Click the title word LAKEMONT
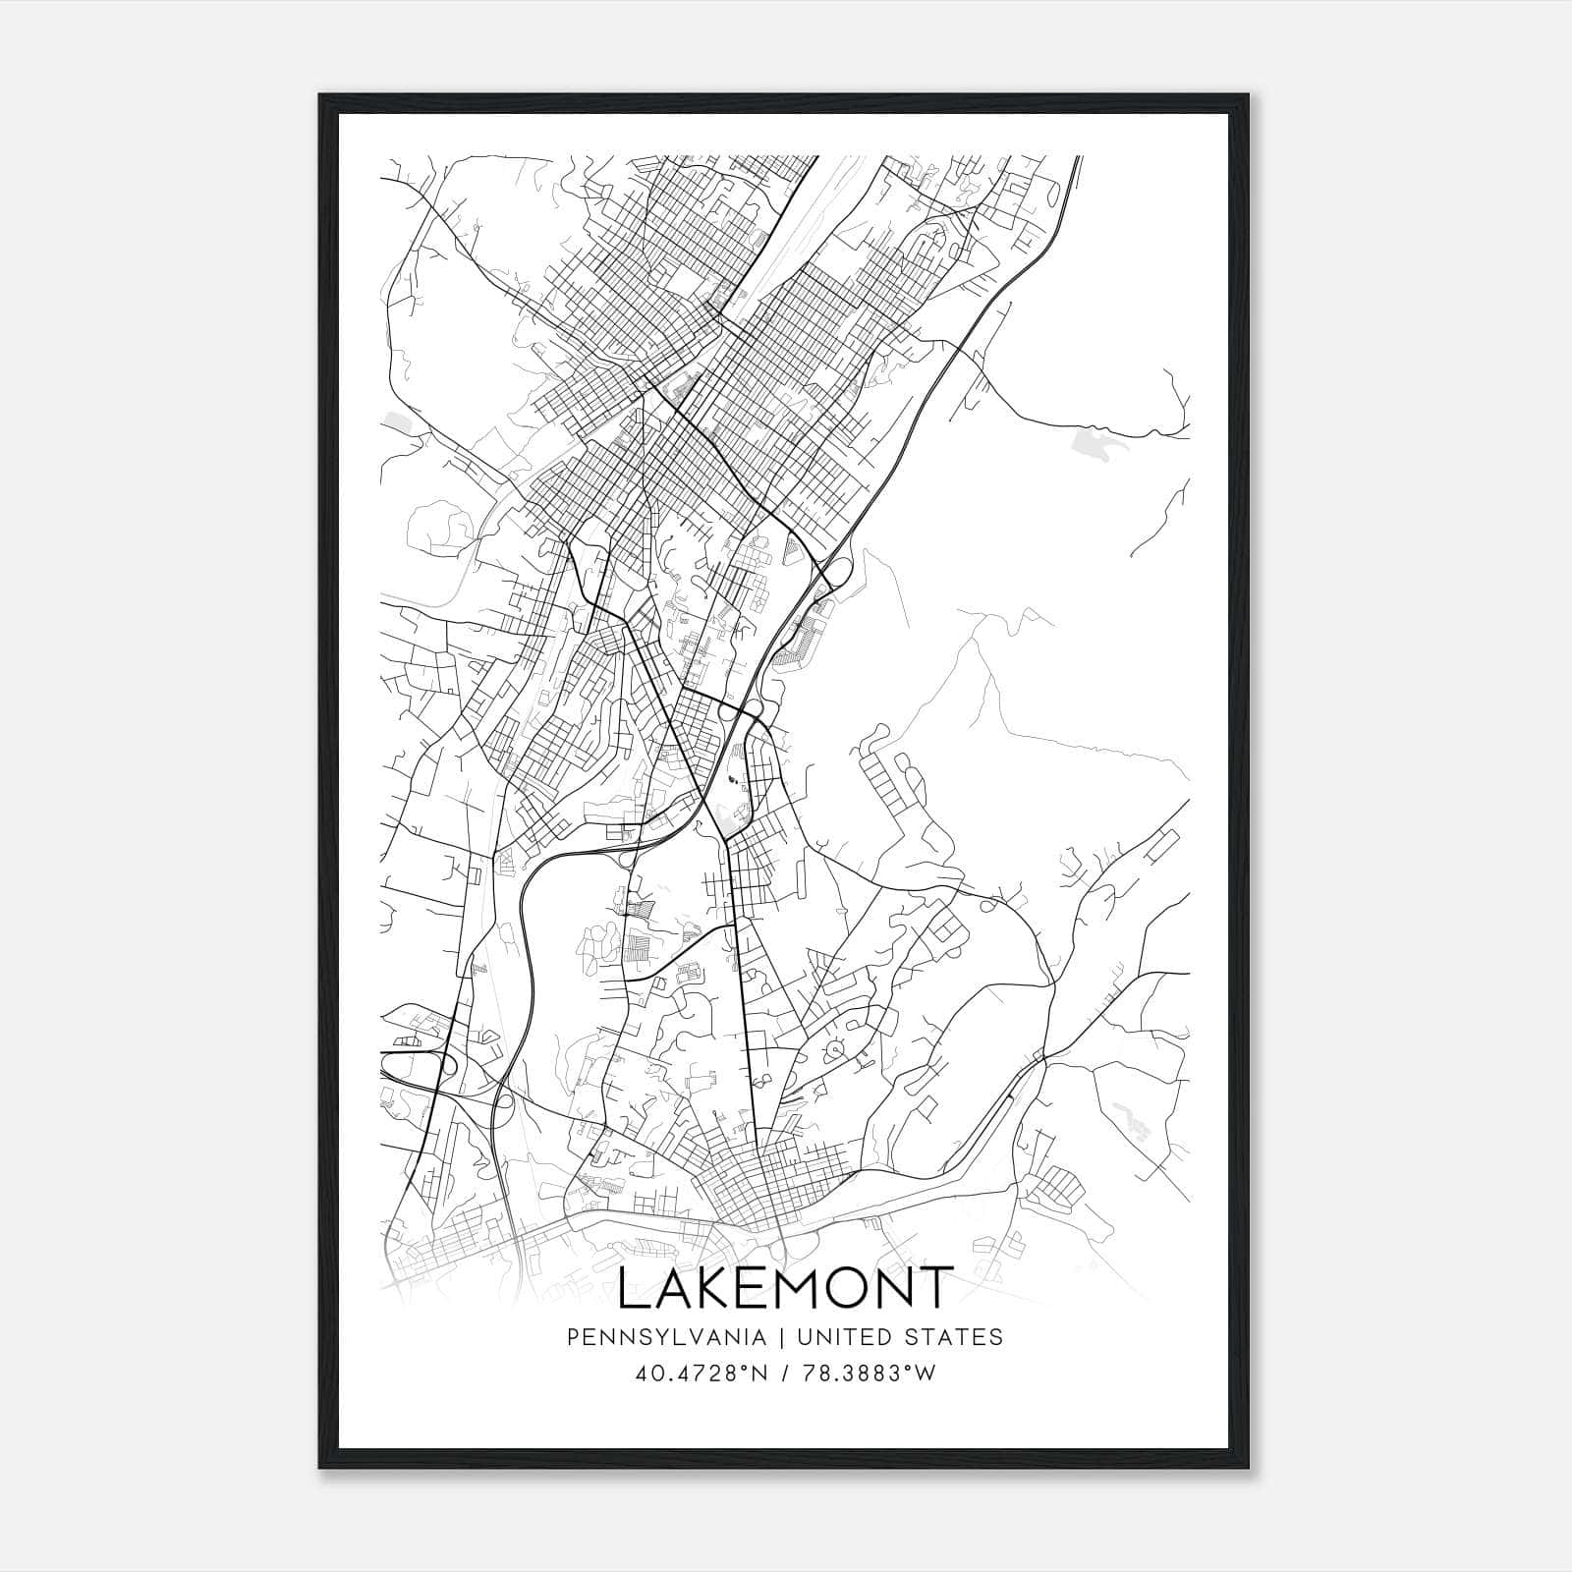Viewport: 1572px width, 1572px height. pyautogui.click(x=785, y=1288)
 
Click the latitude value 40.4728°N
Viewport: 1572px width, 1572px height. pyautogui.click(x=699, y=1373)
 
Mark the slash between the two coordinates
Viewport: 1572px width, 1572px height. pyautogui.click(x=786, y=1373)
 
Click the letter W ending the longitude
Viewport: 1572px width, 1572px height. pyautogui.click(x=926, y=1373)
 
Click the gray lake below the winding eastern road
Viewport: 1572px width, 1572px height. pyautogui.click(x=1098, y=442)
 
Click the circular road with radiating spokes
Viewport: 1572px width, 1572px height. pyautogui.click(x=836, y=1049)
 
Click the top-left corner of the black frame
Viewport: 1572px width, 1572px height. pyautogui.click(x=320, y=96)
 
